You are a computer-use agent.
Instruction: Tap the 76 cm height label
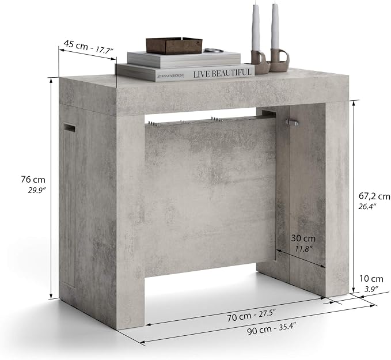tap(33, 179)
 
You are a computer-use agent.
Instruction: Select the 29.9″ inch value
tap(37, 191)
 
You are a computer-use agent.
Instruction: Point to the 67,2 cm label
tap(374, 196)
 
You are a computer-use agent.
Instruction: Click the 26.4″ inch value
tap(367, 207)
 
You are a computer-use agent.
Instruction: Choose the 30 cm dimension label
tap(303, 238)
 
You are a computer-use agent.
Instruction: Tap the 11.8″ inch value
tap(303, 249)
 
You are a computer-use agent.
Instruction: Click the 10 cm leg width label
tap(371, 278)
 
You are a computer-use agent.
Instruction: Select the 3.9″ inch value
tap(371, 289)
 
